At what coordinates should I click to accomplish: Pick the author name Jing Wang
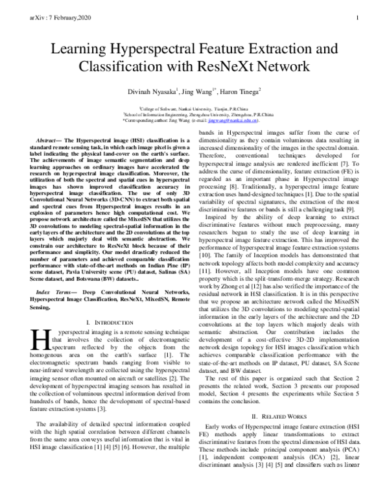tap(198, 93)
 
